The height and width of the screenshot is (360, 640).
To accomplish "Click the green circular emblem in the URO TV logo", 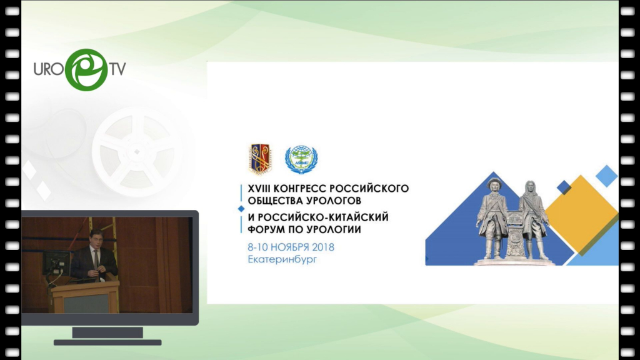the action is [x=86, y=70].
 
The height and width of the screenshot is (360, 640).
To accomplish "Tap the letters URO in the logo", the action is [x=49, y=69].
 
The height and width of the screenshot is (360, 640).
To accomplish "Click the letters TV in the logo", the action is [x=117, y=69].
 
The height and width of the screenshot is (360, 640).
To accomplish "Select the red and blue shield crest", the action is [x=260, y=159].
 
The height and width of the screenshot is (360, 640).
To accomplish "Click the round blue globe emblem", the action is [x=301, y=159].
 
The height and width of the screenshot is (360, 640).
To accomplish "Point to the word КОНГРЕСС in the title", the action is [x=300, y=189].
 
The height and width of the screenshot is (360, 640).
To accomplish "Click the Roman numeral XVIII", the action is [x=259, y=189].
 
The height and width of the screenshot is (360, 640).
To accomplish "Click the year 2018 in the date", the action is [x=323, y=247].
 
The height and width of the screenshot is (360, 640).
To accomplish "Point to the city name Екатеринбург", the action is [x=282, y=259].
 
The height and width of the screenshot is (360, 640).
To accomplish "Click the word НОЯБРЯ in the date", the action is [x=290, y=247].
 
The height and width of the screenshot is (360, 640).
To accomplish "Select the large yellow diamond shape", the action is [x=581, y=214].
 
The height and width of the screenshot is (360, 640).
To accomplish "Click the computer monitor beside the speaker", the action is [x=56, y=264].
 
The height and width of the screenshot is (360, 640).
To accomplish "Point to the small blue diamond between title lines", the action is [x=241, y=209].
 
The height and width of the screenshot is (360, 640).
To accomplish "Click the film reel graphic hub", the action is [x=137, y=152].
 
